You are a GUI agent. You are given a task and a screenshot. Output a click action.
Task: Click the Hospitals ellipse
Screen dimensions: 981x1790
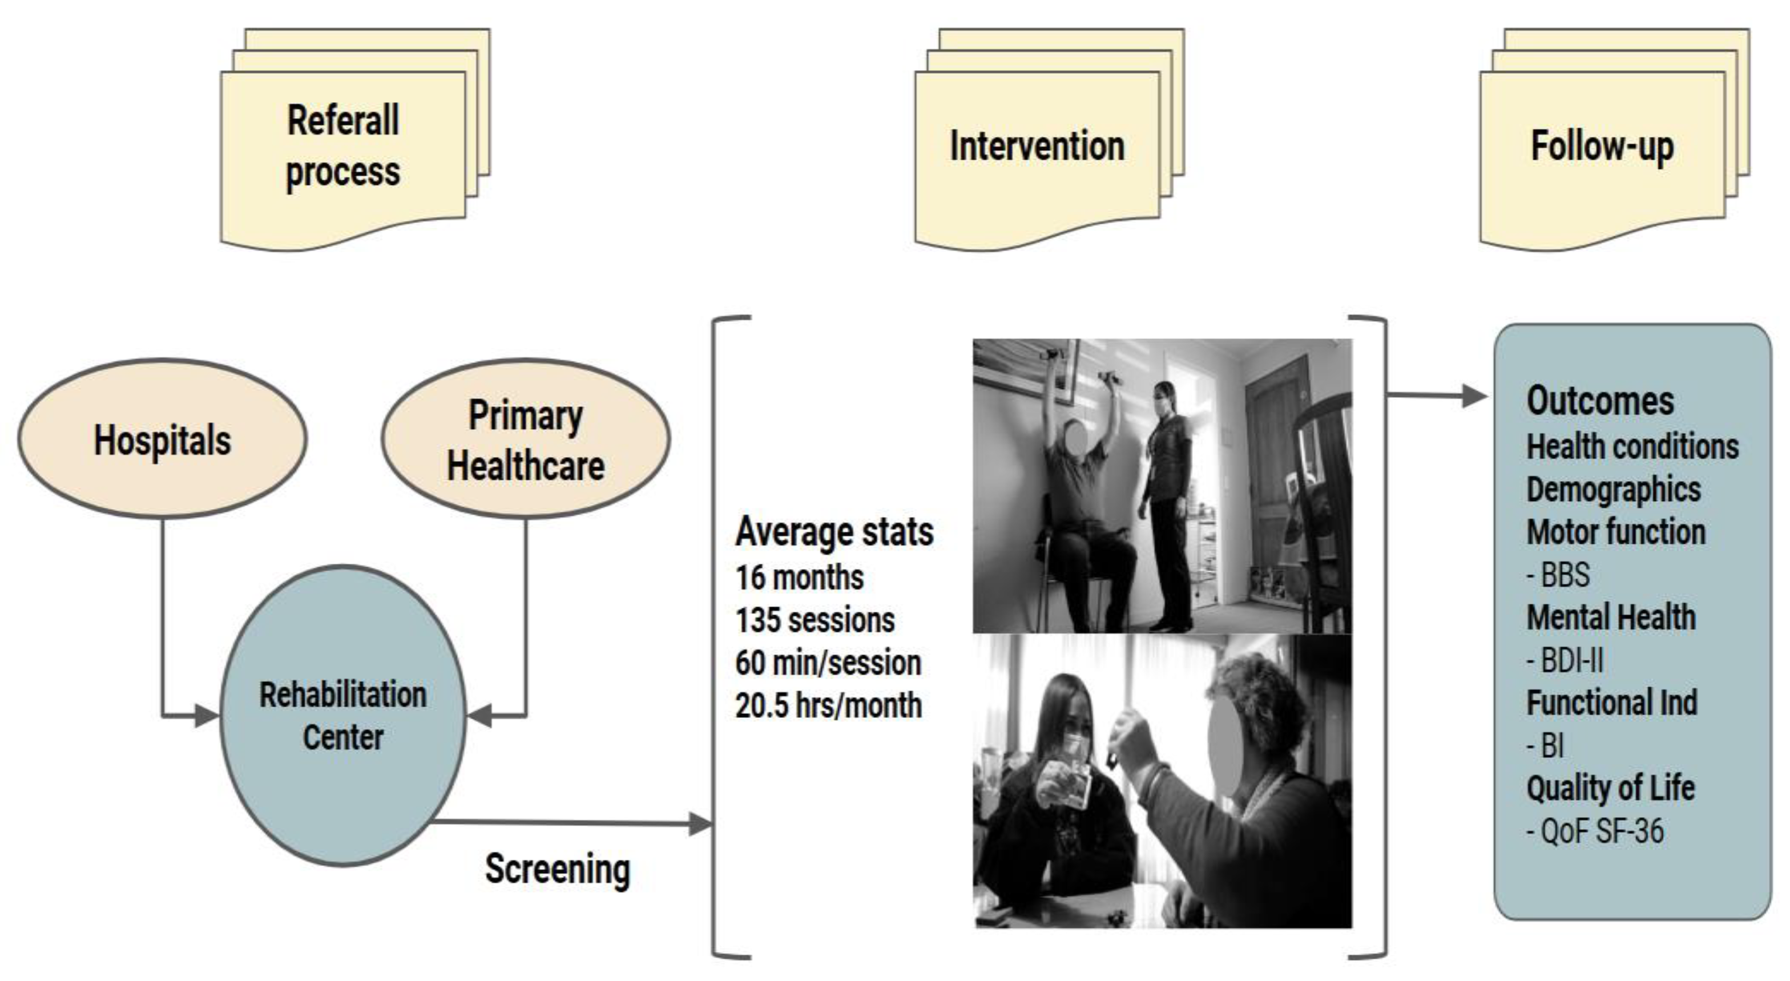tap(162, 439)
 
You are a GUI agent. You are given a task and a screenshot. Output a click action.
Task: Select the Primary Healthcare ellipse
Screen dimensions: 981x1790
tap(525, 439)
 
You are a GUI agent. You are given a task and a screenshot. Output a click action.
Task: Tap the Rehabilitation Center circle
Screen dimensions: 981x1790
tap(342, 716)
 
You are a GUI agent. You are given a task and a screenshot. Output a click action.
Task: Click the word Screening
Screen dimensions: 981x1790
tap(557, 869)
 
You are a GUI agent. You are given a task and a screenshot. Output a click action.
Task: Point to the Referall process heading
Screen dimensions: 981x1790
tap(342, 146)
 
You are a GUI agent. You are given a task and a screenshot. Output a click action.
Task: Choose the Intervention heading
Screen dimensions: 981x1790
tap(1037, 146)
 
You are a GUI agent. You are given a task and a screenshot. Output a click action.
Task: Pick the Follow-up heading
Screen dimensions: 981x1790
tap(1602, 146)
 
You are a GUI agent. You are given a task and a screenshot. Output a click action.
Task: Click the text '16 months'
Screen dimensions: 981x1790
tap(799, 578)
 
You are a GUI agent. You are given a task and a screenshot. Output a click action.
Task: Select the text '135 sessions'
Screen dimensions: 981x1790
tap(815, 620)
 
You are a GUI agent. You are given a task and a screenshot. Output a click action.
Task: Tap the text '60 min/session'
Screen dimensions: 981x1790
tap(828, 663)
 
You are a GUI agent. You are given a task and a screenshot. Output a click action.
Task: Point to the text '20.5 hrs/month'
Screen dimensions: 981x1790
tap(828, 706)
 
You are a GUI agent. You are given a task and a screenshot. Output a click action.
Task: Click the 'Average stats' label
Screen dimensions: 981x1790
tap(834, 532)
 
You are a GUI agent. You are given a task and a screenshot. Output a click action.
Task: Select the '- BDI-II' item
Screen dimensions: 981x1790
tap(1565, 661)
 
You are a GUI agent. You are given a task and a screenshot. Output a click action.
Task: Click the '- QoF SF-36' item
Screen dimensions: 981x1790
tap(1595, 831)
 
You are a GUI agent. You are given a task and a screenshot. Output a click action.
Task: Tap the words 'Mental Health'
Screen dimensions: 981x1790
tap(1611, 617)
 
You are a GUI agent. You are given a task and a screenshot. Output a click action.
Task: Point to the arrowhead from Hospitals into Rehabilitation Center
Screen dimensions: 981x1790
tap(207, 716)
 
